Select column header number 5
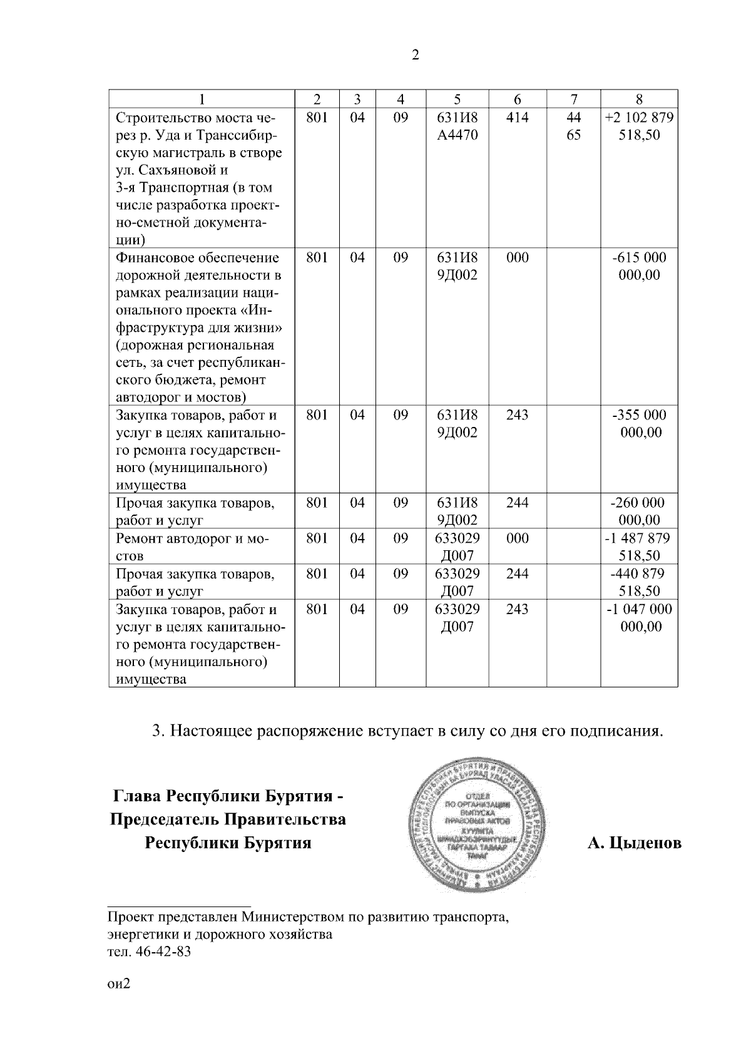click(457, 99)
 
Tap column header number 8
click(639, 99)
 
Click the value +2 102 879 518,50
click(639, 126)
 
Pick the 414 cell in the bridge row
click(517, 117)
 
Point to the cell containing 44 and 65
click(573, 126)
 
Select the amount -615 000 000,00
click(639, 266)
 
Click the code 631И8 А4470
click(457, 126)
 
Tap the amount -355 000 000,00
click(639, 424)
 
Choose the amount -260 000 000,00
click(639, 511)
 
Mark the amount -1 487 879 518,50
click(639, 547)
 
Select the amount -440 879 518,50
click(639, 582)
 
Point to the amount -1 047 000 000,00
click(639, 617)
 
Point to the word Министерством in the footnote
click(290, 918)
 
